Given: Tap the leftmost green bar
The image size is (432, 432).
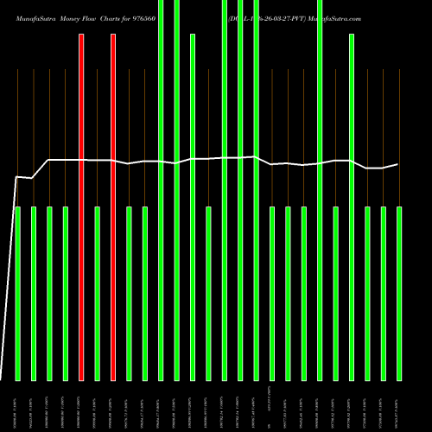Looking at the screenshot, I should (18, 294).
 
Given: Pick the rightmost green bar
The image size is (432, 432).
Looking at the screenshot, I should (399, 294).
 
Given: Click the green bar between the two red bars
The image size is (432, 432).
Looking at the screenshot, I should (98, 294).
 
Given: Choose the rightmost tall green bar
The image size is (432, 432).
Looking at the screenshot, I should (352, 207).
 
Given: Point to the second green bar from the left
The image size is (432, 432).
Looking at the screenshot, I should (34, 294).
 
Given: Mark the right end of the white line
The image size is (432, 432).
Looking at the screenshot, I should (398, 164).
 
